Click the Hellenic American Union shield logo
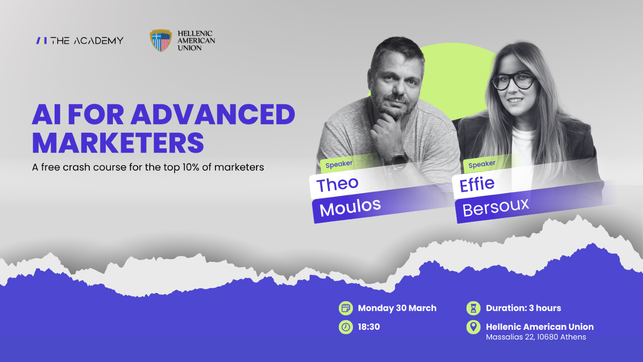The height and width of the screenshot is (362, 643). click(x=161, y=40)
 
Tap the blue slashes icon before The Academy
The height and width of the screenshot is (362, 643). click(x=41, y=40)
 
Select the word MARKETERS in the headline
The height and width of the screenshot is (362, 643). click(x=118, y=143)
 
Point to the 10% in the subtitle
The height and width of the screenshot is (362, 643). click(x=191, y=167)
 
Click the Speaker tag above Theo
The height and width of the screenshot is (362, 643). click(x=339, y=164)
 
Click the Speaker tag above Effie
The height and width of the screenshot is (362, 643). click(x=482, y=164)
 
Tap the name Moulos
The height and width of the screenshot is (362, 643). click(x=350, y=207)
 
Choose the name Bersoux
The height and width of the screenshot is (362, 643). click(x=496, y=207)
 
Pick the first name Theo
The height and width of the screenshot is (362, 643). click(x=338, y=184)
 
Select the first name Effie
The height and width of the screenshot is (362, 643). click(x=477, y=184)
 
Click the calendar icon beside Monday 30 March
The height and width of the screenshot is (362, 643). click(x=346, y=308)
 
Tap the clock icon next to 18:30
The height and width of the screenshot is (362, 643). click(x=346, y=327)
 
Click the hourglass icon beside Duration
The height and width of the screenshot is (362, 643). click(x=473, y=308)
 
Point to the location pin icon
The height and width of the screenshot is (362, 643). click(x=473, y=327)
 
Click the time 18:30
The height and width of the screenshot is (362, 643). click(x=369, y=327)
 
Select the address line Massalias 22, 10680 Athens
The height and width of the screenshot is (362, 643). click(x=536, y=337)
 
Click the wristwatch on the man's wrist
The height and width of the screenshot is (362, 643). click(x=399, y=159)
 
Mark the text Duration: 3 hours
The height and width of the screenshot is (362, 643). click(x=523, y=308)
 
